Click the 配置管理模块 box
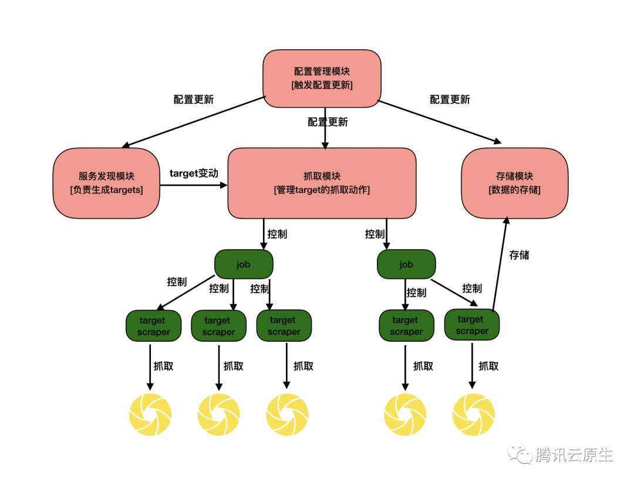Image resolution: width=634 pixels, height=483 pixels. click(322, 78)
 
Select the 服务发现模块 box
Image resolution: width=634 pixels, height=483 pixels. click(106, 183)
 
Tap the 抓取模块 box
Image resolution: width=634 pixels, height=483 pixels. click(322, 183)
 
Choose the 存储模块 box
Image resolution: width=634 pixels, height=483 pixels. click(514, 183)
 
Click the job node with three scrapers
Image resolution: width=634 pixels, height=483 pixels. click(244, 264)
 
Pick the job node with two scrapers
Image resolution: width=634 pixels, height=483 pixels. click(406, 264)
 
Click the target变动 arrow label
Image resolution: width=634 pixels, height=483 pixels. click(194, 174)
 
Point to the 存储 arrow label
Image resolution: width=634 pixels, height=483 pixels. click(519, 255)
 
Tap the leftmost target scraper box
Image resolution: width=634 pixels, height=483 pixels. click(153, 326)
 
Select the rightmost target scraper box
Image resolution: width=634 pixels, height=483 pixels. click(471, 325)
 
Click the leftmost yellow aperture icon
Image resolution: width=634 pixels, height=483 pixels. click(150, 415)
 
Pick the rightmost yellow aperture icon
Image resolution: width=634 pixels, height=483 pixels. click(473, 415)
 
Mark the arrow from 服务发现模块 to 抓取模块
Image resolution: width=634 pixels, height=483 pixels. click(194, 185)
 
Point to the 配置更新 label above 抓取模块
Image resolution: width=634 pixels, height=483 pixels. click(328, 122)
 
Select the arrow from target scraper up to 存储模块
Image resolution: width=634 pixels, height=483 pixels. click(500, 264)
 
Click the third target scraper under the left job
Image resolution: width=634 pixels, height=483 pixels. click(284, 326)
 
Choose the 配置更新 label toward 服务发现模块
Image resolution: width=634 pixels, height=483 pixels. click(194, 100)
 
